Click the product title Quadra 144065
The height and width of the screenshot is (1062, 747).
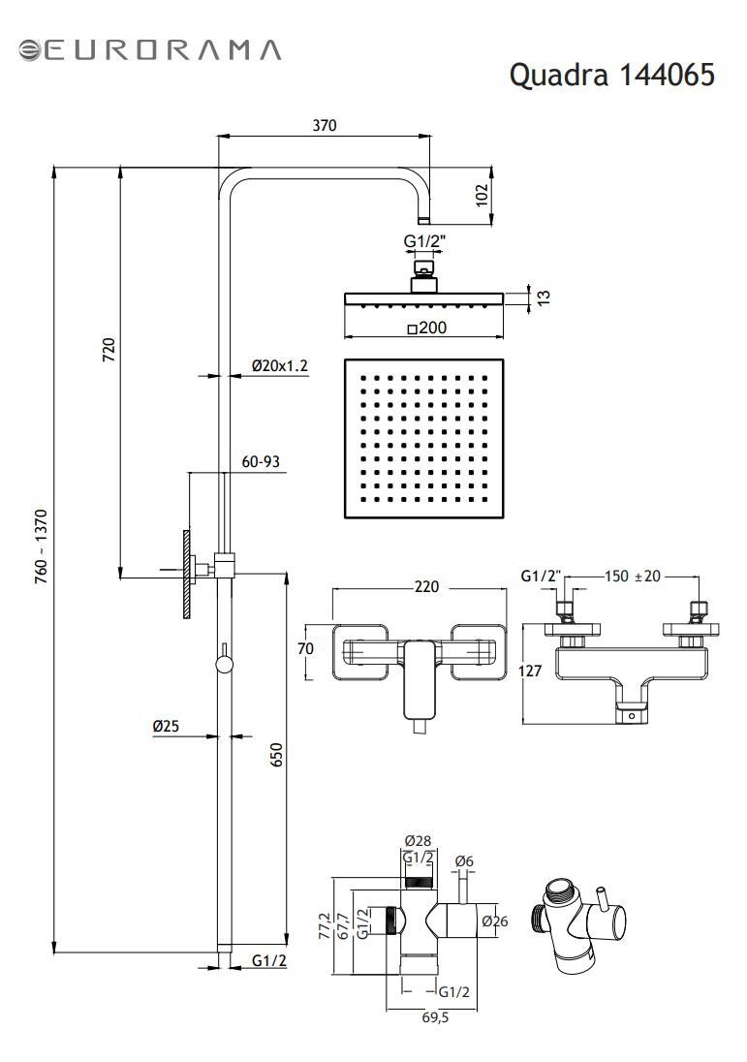coord(611,75)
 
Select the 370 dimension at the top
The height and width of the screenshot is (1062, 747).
coord(325,125)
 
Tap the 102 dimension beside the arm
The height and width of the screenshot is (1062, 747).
coord(482,195)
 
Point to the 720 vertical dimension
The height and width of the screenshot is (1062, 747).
coord(109,350)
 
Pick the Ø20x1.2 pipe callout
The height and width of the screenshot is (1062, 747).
coord(280,365)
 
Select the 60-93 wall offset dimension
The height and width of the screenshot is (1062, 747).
coord(261,462)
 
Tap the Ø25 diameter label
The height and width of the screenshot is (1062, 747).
coord(166,726)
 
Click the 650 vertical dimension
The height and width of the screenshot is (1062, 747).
coord(276,755)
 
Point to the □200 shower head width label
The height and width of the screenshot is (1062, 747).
coord(427,328)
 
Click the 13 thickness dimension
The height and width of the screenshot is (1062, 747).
coord(544,297)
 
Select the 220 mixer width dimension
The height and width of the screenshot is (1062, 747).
coord(426,586)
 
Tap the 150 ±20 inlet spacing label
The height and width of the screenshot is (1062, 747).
coord(632,577)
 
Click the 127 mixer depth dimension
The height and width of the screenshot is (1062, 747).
coord(530,671)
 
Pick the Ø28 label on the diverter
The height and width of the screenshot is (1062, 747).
coord(418,840)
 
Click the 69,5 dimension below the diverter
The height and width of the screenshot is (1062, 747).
coord(435,1017)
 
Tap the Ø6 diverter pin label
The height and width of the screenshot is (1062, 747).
coord(465,861)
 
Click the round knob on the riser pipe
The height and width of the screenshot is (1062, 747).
coord(223,665)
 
